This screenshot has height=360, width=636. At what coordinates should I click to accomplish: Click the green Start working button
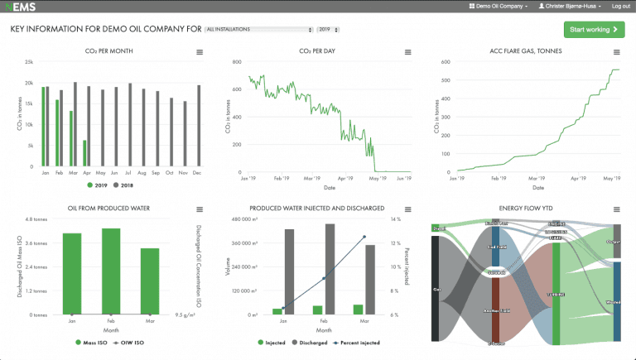593,30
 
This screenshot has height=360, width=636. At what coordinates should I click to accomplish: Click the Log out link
621,6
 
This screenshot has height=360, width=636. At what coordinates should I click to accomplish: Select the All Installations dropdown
259,30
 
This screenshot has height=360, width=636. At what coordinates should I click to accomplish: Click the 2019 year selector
329,30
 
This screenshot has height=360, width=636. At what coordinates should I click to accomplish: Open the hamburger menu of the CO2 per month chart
200,52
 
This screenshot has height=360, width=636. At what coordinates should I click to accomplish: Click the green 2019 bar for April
84,154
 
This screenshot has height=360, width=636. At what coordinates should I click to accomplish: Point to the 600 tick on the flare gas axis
445,62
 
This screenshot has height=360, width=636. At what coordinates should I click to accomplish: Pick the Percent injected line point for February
324,279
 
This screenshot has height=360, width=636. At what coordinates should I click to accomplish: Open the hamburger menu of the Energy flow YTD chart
615,209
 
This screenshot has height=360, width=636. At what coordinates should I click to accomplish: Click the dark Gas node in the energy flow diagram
435,289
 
